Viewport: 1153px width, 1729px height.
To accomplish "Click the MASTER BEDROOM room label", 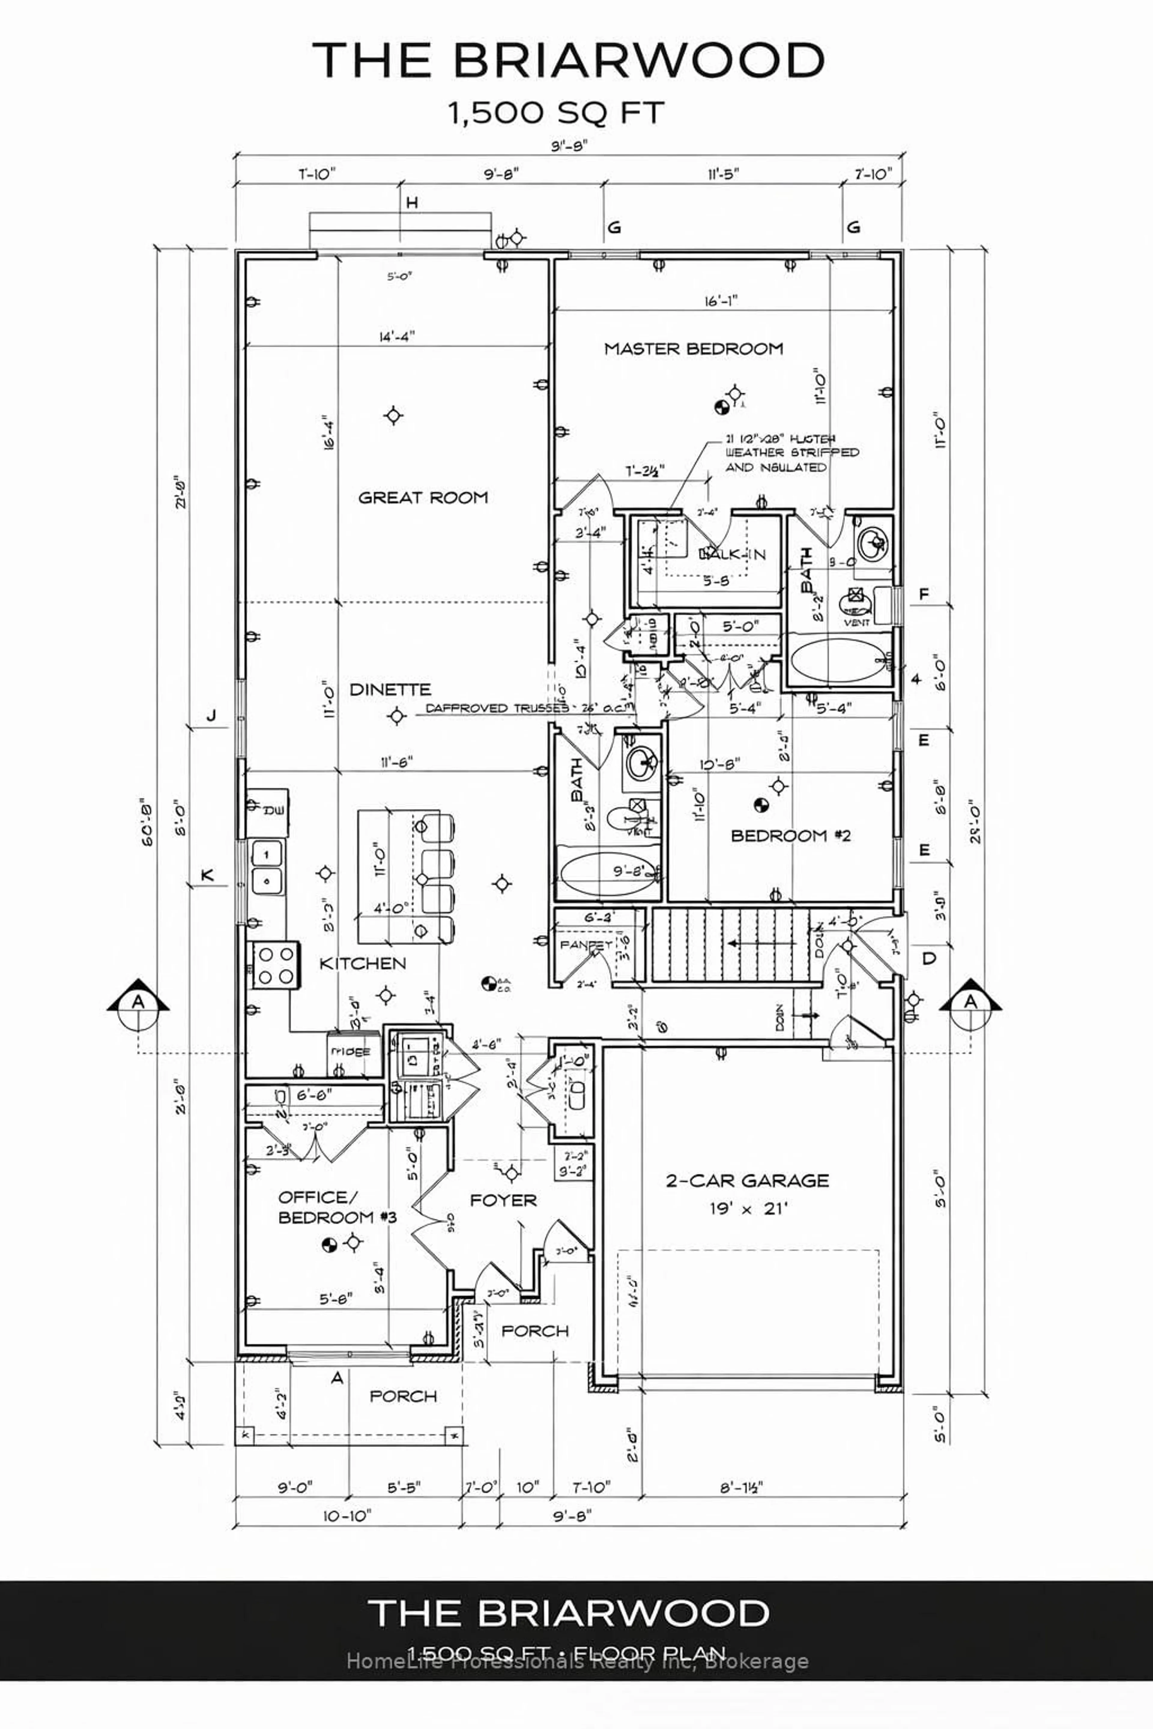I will (x=693, y=349).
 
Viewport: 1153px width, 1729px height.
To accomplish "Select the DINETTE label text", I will (x=390, y=689).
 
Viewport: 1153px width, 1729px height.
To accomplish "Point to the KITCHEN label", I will (x=362, y=963).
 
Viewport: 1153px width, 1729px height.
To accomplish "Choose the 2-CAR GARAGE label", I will (x=747, y=1181).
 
